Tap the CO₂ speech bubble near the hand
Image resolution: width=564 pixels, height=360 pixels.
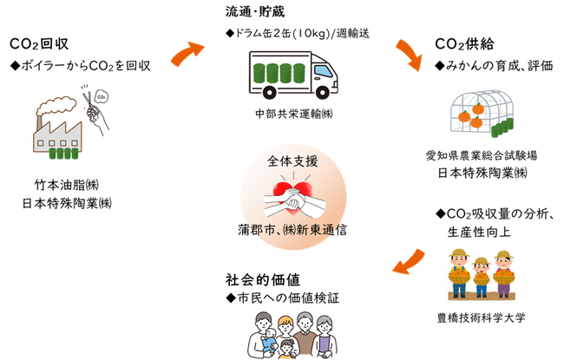[x=102, y=97]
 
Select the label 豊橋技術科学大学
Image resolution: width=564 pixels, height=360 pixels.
[x=481, y=317]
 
